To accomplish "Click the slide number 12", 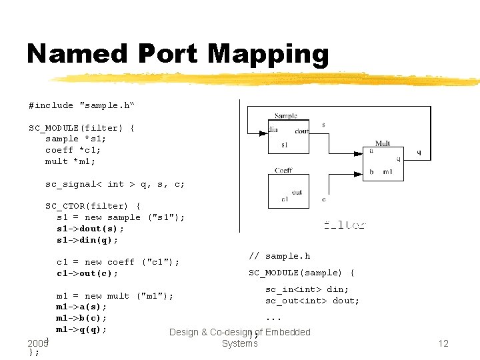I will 443,343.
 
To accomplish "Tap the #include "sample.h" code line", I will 81,105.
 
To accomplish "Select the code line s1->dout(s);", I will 90,229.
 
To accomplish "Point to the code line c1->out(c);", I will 87,273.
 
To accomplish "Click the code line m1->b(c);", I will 81,318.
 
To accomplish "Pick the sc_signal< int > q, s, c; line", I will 115,184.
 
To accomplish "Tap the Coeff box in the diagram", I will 289,191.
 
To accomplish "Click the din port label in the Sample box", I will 273,130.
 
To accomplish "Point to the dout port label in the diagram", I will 301,131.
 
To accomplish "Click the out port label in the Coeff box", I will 297,193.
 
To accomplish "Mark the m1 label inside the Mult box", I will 387,172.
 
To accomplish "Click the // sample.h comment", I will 279,256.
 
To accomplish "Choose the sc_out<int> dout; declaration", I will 312,301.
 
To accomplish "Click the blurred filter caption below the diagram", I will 344,225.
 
